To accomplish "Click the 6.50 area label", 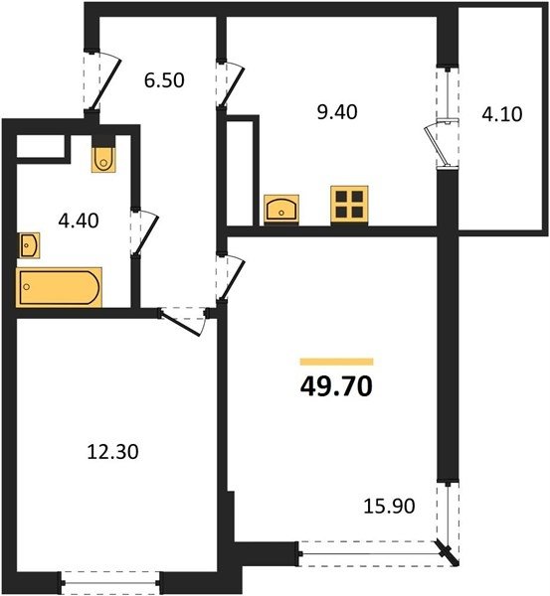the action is pos(164,80).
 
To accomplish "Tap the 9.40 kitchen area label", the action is pos(337,112).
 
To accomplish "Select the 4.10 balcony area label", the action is pos(502,114).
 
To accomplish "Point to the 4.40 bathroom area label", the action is pos(79,221).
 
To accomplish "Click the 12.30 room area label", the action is pos(112,452).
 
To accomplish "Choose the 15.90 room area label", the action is pos(389,506).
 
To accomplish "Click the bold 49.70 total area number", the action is pos(336,386).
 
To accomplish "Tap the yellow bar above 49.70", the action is pos(336,362).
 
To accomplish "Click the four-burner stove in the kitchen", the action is pos(349,205).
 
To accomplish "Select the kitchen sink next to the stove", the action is pos(281,209).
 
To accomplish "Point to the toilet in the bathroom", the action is pos(103,158).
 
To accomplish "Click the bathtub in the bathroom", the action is pos(59,287).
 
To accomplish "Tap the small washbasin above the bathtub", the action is pos(29,245).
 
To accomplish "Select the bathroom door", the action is pos(143,231).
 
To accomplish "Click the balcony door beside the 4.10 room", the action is pos(441,143).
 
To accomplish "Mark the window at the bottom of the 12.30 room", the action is pos(110,582).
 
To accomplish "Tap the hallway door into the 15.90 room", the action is pos(230,277).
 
